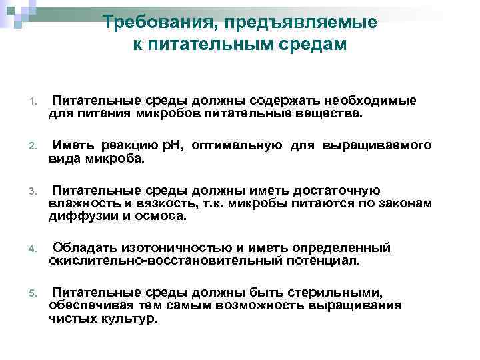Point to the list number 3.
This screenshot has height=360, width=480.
(31, 193)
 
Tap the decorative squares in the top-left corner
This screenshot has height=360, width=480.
(15, 12)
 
